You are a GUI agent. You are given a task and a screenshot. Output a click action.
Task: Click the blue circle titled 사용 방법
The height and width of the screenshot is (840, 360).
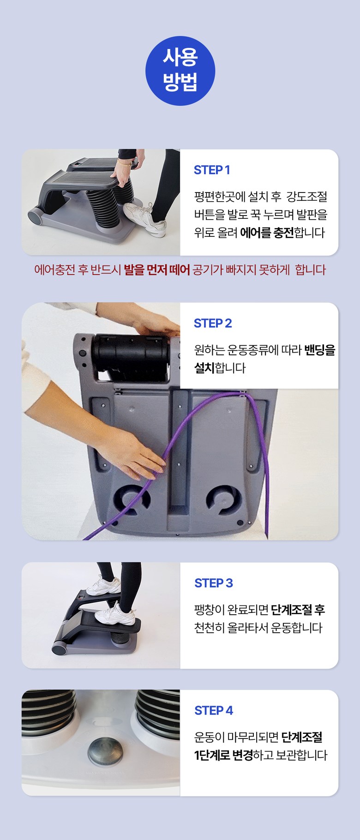[180, 71]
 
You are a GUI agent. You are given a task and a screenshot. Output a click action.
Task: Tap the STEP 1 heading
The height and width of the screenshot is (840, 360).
[212, 170]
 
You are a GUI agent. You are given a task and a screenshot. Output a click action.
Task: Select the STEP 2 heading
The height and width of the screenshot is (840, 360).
[213, 323]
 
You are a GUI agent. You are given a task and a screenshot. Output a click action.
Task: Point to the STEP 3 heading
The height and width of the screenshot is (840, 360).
[214, 583]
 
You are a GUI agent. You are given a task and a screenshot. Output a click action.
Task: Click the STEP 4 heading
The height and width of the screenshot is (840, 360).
[214, 710]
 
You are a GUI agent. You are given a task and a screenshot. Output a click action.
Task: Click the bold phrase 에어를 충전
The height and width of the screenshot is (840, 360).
[267, 232]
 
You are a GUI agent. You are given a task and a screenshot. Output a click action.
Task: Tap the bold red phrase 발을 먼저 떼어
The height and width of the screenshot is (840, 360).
[157, 270]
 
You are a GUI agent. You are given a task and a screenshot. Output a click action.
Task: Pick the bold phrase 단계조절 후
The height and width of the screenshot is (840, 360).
[298, 610]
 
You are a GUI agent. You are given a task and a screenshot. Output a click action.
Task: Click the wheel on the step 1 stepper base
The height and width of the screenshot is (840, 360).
[36, 217]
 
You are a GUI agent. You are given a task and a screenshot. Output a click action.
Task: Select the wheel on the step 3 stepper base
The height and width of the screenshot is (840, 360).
[60, 649]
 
